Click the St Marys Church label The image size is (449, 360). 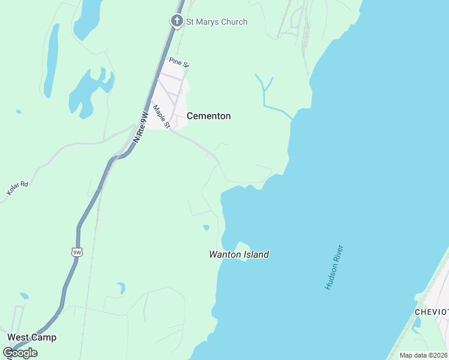216,22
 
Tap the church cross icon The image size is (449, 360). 177,22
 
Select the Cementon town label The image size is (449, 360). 209,116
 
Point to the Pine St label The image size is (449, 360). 179,62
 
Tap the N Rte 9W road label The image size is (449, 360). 140,127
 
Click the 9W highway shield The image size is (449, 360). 76,252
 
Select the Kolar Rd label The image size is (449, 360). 17,187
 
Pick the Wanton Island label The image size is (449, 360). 239,254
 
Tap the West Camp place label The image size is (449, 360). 32,337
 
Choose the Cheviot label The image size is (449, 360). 432,312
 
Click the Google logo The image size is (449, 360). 20,353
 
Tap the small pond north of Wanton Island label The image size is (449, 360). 206,227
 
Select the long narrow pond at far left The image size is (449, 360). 52,60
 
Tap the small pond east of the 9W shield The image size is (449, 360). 121,287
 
